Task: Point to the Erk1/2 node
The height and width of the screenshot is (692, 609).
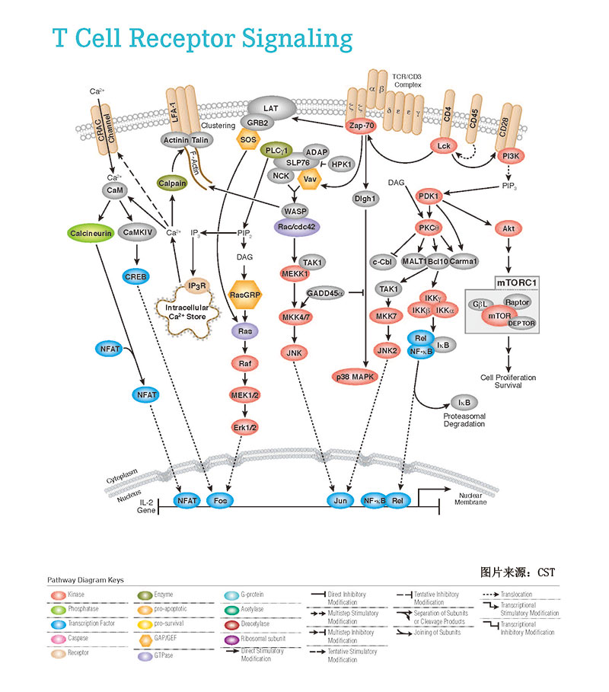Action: (x=245, y=427)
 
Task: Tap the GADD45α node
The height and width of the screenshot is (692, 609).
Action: (x=326, y=293)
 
